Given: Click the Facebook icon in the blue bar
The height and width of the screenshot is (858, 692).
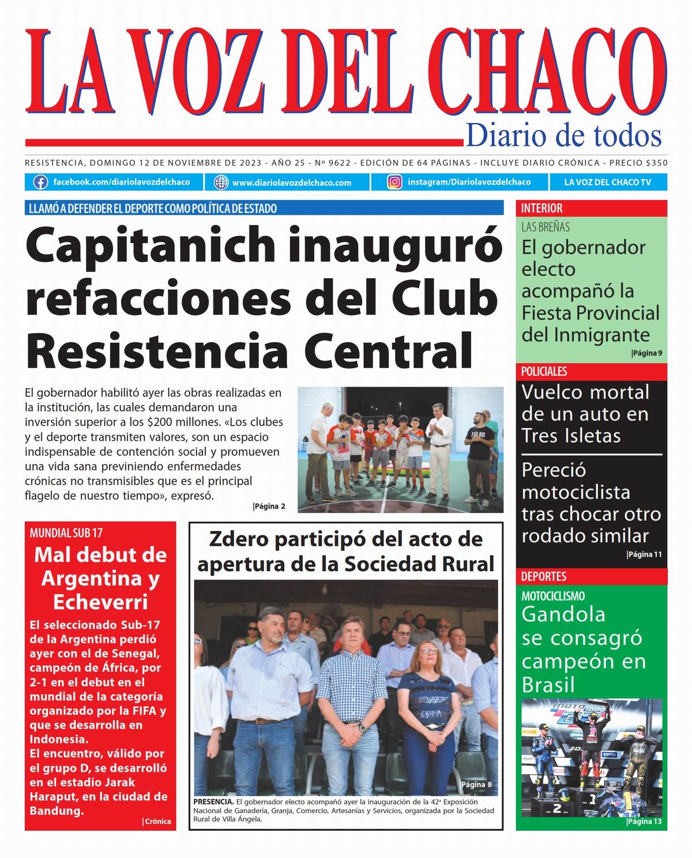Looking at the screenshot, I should pos(40,182).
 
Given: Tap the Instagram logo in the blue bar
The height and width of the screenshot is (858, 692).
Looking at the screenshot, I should pos(394,182).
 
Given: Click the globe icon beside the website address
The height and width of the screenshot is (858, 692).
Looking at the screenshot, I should pos(221,182).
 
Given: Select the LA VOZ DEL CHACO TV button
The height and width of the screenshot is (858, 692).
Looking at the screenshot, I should pos(607,182).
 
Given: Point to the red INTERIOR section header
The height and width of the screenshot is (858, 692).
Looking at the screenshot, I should pos(542,208).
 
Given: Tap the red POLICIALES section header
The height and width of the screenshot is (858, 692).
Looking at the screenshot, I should pos(544,372).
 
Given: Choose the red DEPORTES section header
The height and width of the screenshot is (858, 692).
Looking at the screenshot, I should pos(544,576).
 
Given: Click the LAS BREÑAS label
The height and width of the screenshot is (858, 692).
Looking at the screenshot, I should pos(546,227).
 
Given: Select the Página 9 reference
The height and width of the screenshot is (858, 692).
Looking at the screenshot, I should pos(646,353).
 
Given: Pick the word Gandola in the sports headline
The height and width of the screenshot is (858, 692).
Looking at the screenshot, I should pos(563,615).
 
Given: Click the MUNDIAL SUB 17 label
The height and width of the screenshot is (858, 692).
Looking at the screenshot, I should pos(66,533).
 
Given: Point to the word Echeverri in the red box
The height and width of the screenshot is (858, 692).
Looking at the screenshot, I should pos(100,602).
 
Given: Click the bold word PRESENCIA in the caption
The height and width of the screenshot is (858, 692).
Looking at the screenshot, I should pos(213,802).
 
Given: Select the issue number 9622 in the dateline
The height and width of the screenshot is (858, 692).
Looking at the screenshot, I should pos(340,163).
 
